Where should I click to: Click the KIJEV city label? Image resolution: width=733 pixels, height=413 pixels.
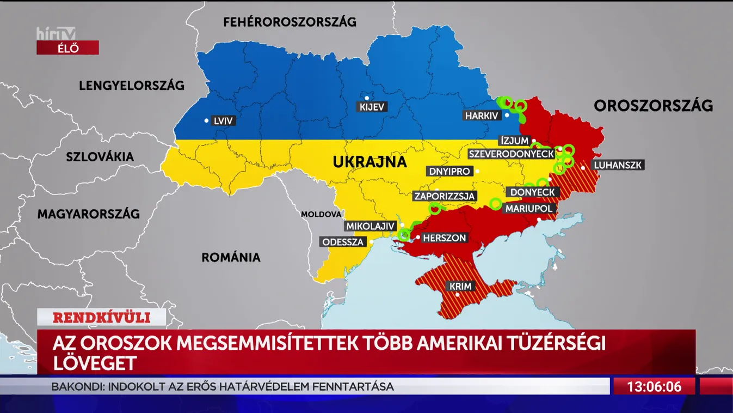(372, 107)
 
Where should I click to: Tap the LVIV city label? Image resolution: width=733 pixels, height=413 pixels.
(223, 120)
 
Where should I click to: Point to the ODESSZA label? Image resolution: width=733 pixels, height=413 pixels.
(343, 242)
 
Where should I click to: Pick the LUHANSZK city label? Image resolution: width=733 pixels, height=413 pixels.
(618, 165)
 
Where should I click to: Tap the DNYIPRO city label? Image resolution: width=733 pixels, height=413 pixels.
(449, 171)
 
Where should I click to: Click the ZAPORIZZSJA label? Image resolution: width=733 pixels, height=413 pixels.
(445, 196)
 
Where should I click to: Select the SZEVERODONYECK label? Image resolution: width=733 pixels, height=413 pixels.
(511, 154)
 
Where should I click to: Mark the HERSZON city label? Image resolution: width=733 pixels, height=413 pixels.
(445, 238)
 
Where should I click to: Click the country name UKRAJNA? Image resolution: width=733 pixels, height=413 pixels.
(369, 162)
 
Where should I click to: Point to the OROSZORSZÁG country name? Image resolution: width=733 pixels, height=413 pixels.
(653, 106)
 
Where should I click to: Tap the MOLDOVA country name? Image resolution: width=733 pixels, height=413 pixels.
(321, 215)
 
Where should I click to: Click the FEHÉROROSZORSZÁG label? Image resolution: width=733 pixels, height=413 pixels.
(289, 22)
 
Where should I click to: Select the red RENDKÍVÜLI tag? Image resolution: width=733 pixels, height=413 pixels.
(101, 317)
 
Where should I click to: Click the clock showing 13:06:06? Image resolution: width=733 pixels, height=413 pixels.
(654, 387)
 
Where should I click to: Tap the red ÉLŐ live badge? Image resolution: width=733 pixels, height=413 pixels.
(67, 48)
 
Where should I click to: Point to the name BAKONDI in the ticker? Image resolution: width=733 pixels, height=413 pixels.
(77, 387)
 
